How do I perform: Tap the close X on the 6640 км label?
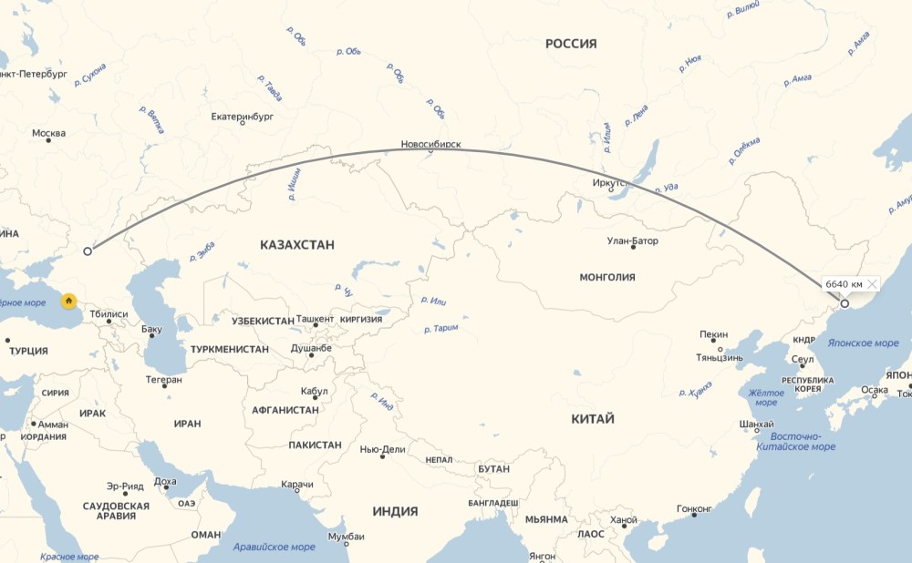872,284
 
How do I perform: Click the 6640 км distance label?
844,284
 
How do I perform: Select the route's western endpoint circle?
88,251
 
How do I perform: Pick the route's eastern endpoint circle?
845,303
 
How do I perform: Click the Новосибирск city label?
430,145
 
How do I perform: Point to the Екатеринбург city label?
242,117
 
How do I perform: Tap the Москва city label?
48,133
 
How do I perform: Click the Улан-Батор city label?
632,241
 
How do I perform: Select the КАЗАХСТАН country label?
296,245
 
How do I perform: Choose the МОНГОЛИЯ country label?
606,277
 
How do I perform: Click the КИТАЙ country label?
593,419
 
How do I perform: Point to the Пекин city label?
714,334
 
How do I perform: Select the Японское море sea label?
863,343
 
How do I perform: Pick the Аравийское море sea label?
274,547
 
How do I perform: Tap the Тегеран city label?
163,379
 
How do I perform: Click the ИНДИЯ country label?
394,511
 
